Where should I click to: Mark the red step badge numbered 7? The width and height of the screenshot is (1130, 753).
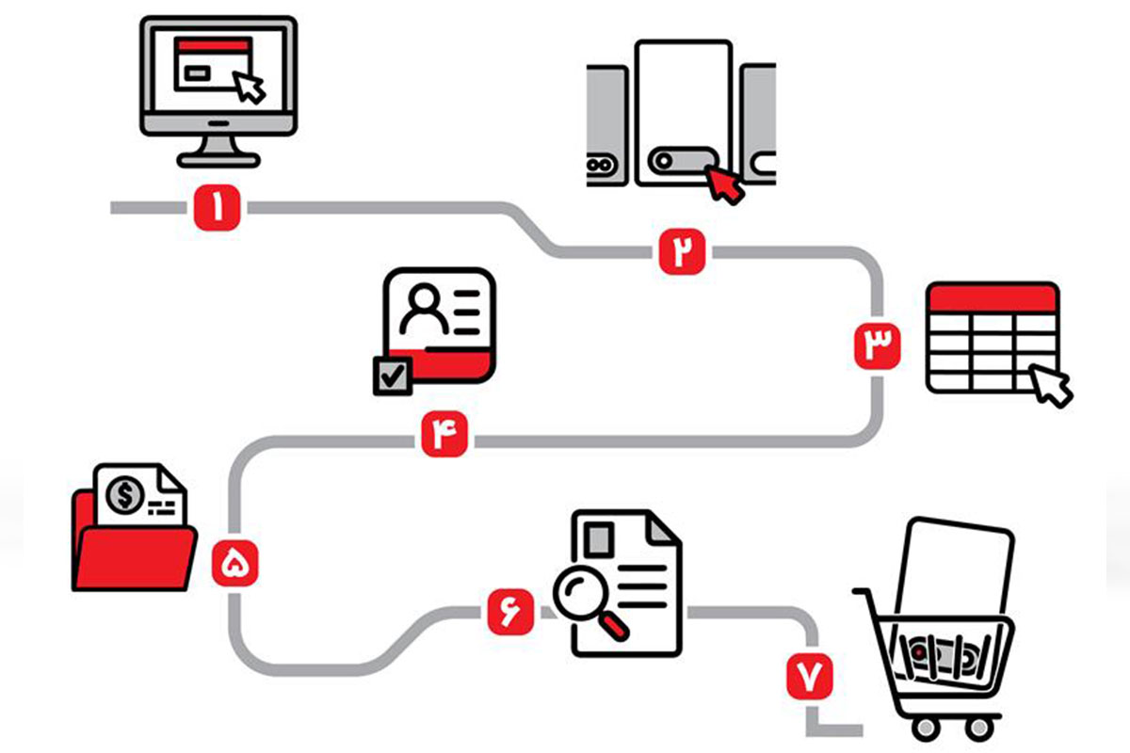(x=810, y=676)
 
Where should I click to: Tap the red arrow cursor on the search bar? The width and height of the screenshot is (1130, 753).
(x=725, y=183)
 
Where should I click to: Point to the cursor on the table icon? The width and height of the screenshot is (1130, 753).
(x=1052, y=385)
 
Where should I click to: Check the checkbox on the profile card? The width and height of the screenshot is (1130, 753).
(x=392, y=376)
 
